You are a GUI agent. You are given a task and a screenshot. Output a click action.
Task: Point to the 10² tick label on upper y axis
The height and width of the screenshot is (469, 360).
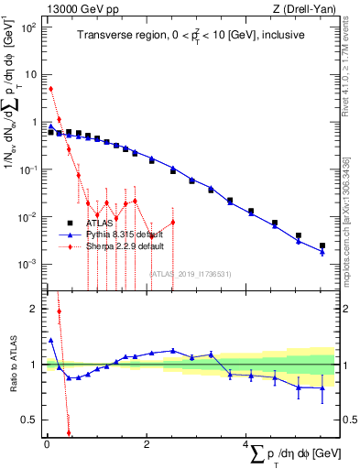coord(29,27)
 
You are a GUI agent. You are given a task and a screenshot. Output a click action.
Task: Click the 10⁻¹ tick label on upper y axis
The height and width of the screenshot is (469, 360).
coord(29,169)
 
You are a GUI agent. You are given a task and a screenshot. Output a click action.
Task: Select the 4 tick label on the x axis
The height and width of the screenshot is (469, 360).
coord(246,443)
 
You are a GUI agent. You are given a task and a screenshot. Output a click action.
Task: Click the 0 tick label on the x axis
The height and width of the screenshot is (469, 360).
coord(47,443)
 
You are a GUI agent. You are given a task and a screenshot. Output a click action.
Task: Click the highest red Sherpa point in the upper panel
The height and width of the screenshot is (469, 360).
coord(50,89)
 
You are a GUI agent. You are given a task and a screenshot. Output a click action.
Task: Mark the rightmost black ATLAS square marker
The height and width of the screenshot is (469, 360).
coord(322,245)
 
